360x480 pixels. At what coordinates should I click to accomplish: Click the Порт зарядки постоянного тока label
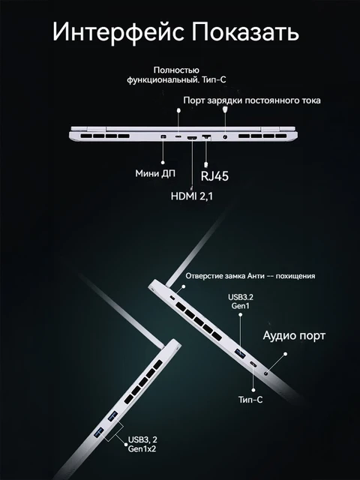click(x=252, y=100)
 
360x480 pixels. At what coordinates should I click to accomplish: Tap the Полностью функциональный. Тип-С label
click(x=176, y=77)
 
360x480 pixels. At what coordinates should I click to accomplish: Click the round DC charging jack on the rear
click(x=226, y=137)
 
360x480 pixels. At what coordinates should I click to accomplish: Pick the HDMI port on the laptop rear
click(x=192, y=138)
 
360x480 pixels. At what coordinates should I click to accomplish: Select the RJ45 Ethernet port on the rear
click(x=208, y=138)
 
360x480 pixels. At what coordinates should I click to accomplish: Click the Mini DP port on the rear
click(x=163, y=137)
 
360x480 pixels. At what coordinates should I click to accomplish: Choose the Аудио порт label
click(x=298, y=334)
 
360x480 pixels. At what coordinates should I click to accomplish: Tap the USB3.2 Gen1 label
click(x=241, y=302)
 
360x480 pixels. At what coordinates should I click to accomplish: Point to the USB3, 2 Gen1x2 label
click(x=141, y=444)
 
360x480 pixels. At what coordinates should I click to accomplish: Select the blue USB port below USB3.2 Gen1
click(x=240, y=352)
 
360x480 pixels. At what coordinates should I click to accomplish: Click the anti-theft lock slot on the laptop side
click(x=173, y=298)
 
